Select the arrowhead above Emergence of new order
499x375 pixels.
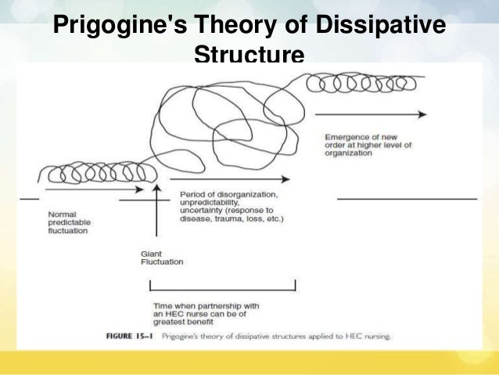422,114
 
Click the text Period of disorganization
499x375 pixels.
228,193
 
